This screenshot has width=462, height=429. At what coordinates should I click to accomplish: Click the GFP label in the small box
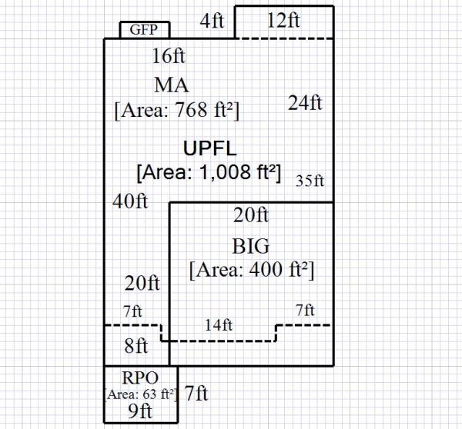pyautogui.click(x=145, y=30)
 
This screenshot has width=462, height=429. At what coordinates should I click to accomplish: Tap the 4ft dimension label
pyautogui.click(x=212, y=21)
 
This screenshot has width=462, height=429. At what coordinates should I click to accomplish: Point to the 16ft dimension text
pyautogui.click(x=169, y=56)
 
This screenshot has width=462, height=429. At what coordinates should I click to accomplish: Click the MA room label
pyautogui.click(x=172, y=84)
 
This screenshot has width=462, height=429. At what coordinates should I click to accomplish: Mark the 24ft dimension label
pyautogui.click(x=305, y=102)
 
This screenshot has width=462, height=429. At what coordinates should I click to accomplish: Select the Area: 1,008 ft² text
pyautogui.click(x=207, y=172)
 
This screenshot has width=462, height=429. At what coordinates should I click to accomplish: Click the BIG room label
pyautogui.click(x=251, y=247)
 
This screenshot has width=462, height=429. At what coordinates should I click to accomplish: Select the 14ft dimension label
pyautogui.click(x=219, y=325)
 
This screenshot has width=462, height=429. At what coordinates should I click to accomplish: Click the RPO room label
pyautogui.click(x=140, y=377)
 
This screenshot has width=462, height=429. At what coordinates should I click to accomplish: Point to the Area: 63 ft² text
pyautogui.click(x=141, y=394)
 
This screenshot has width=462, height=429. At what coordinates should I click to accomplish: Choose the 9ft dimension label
pyautogui.click(x=141, y=411)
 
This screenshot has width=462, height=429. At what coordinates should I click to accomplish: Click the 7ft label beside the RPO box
pyautogui.click(x=196, y=394)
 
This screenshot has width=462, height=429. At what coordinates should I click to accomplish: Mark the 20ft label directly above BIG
pyautogui.click(x=251, y=214)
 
